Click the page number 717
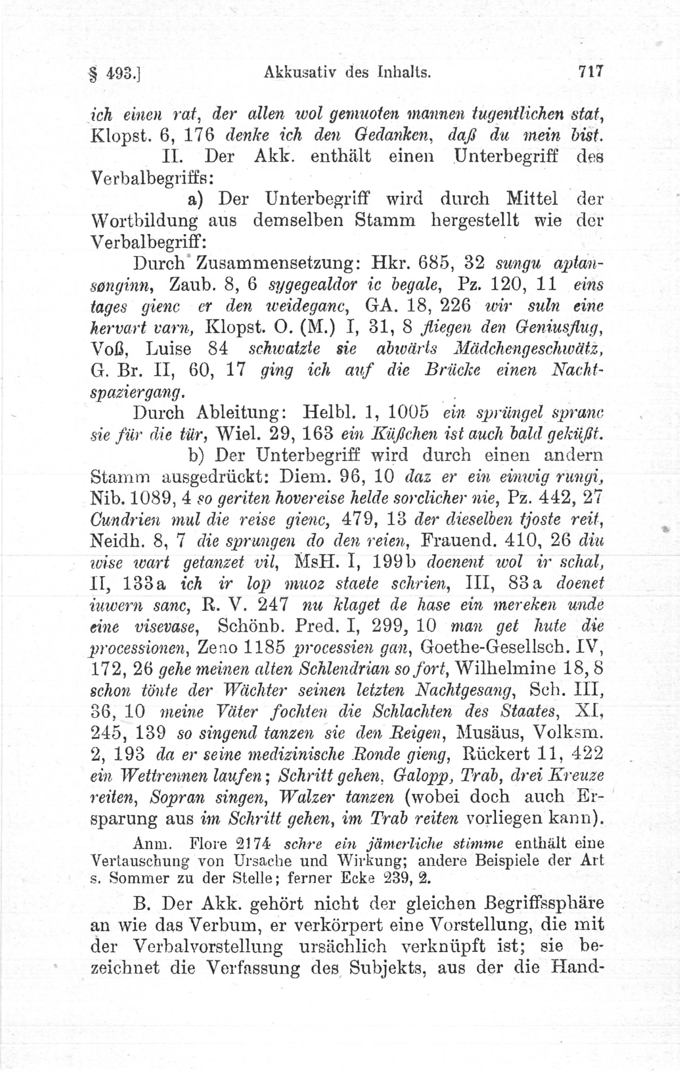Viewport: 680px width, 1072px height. click(x=590, y=72)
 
